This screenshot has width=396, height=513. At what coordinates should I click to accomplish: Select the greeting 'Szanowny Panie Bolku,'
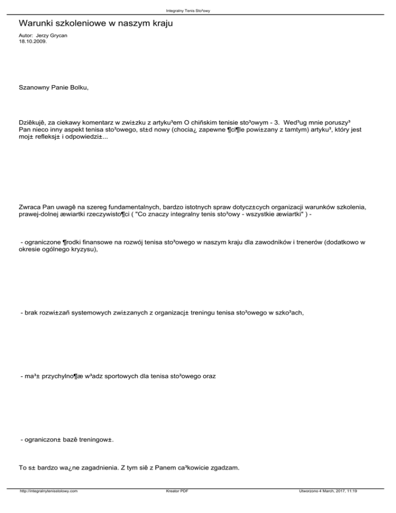tap(54, 88)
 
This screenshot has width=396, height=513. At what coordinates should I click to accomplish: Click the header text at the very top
tap(198, 10)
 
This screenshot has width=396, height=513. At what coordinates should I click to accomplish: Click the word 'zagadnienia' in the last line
tap(106, 468)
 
